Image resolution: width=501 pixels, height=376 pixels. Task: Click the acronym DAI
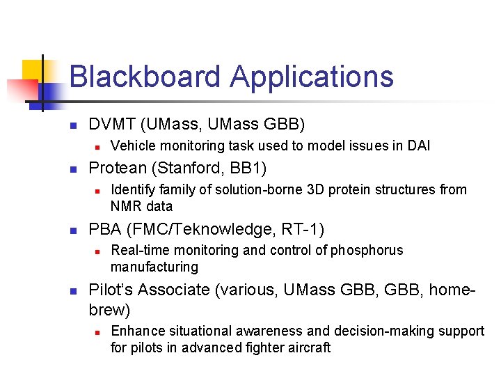click(x=418, y=146)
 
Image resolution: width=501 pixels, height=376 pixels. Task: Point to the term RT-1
click(x=302, y=229)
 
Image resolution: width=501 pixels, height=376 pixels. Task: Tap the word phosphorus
click(x=367, y=250)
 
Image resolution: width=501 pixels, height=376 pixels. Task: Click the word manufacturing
click(x=154, y=267)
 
